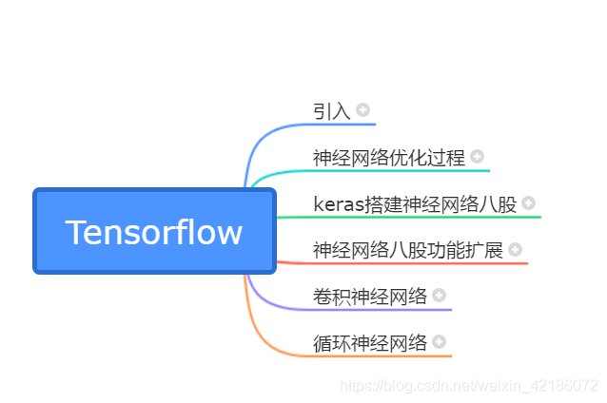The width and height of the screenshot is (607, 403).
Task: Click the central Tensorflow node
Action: [154, 232]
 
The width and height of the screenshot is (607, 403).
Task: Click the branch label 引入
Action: [332, 110]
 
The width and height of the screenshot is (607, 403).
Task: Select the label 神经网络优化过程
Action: [389, 157]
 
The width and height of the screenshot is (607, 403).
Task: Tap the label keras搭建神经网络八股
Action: [415, 203]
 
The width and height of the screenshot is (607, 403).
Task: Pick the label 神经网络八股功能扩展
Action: [408, 250]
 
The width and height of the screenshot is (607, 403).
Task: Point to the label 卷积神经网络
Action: [370, 297]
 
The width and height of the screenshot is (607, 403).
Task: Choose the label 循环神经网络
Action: [370, 343]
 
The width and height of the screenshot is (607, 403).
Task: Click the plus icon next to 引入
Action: [363, 109]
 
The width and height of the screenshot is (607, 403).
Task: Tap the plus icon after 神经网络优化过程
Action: [478, 156]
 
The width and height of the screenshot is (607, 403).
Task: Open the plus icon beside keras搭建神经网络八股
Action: [529, 202]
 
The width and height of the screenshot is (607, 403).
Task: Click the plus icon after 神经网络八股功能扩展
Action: [516, 249]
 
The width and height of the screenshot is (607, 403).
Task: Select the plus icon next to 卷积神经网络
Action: [440, 296]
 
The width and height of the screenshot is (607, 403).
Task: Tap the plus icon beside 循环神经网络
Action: [440, 341]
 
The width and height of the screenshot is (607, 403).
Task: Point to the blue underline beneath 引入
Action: [343, 124]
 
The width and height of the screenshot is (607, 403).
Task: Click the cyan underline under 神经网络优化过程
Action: [400, 170]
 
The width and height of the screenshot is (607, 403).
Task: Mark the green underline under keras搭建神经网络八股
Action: [428, 217]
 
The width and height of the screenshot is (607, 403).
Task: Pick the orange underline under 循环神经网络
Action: [381, 356]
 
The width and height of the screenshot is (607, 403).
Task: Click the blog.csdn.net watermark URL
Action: [469, 386]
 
